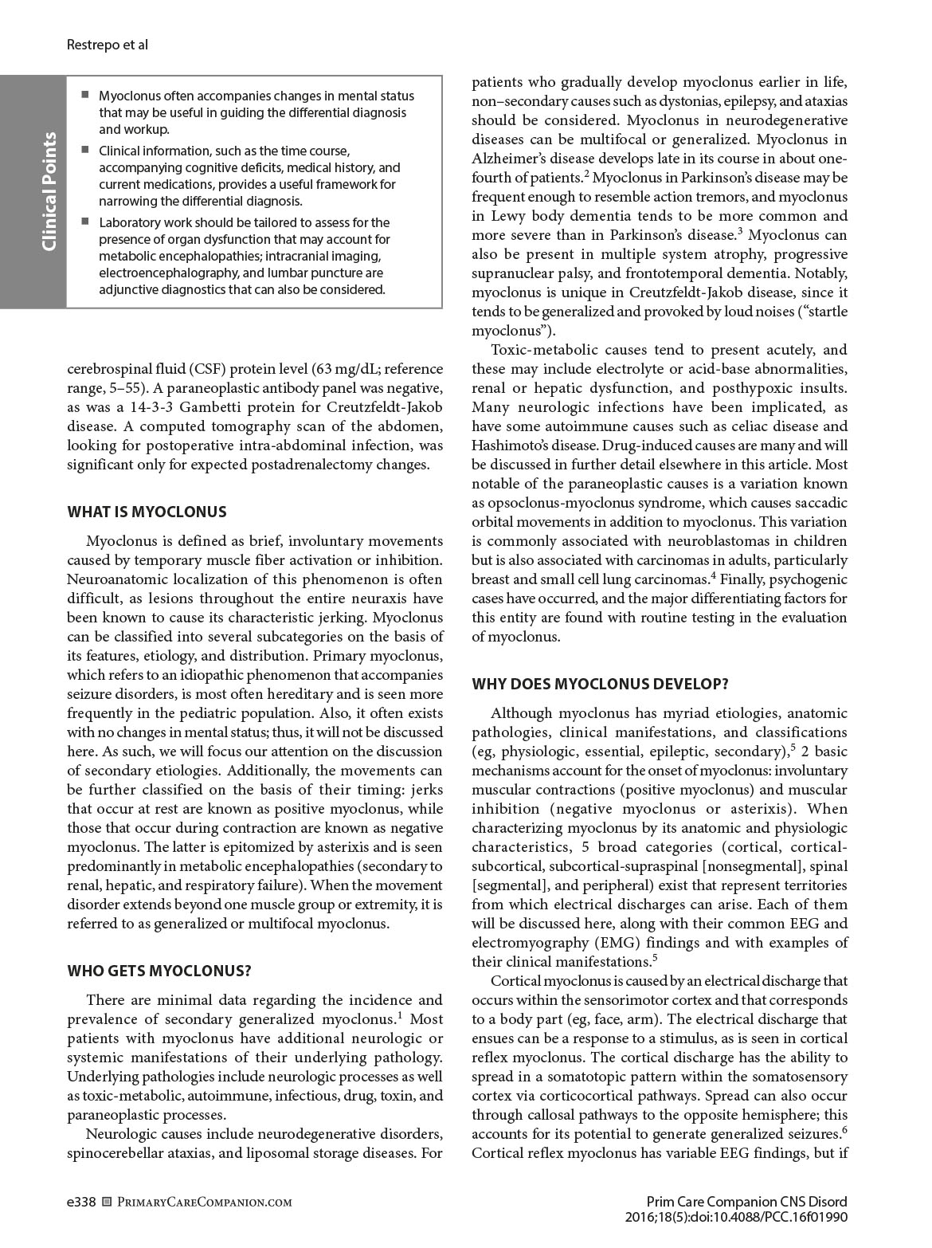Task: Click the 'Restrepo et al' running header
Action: [x=108, y=45]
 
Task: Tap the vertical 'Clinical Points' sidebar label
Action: [x=49, y=191]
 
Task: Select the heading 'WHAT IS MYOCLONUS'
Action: [x=147, y=512]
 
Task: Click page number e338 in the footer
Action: [x=81, y=1201]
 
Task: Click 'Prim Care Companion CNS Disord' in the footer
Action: [x=746, y=1201]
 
